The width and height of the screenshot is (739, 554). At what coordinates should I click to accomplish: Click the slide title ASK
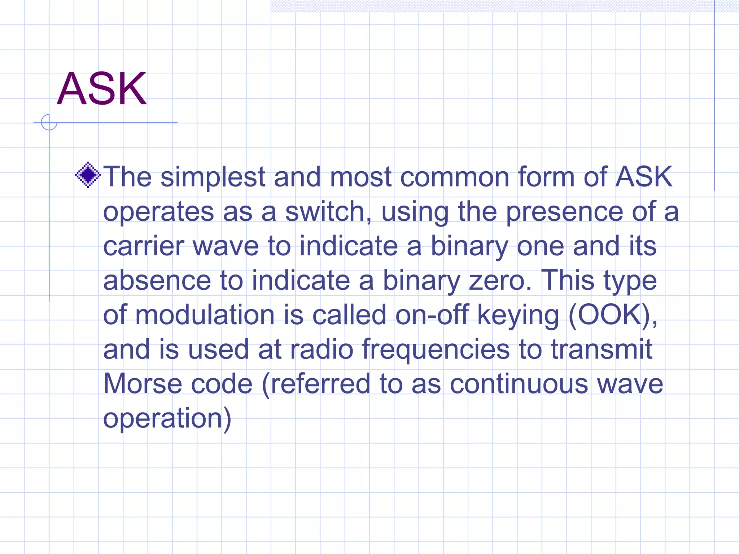[102, 89]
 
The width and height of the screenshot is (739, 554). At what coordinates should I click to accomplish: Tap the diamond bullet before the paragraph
[88, 175]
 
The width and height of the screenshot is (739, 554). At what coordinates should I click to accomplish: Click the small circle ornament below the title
[49, 122]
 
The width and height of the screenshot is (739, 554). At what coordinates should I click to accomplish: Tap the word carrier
[144, 246]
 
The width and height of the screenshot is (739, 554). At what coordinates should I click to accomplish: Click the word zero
[500, 281]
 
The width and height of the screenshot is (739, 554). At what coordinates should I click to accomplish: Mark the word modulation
[205, 315]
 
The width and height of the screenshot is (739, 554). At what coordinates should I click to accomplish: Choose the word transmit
[602, 349]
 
